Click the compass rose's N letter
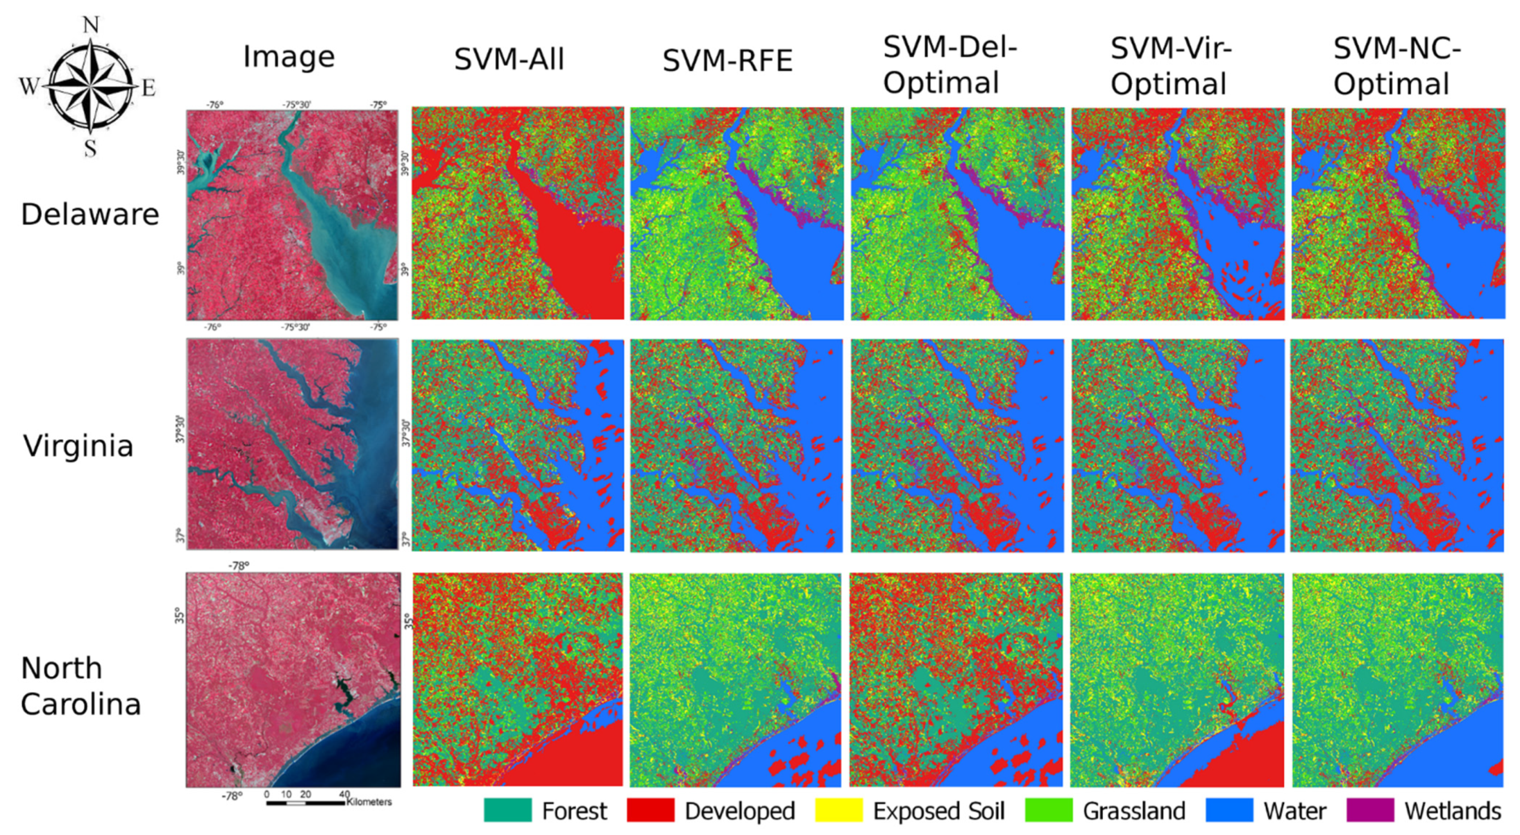click(x=90, y=25)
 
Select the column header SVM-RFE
click(x=728, y=61)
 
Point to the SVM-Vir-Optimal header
click(x=1171, y=66)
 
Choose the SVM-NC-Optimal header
click(x=1396, y=66)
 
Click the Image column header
click(x=289, y=57)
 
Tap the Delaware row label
click(x=90, y=214)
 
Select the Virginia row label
click(x=78, y=445)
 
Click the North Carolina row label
click(x=81, y=686)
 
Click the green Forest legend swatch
click(x=507, y=810)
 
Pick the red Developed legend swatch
click(x=650, y=810)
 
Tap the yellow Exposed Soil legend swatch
click(x=838, y=810)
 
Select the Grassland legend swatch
click(x=1048, y=810)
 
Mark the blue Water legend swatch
click(x=1229, y=810)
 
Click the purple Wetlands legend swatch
click(x=1370, y=810)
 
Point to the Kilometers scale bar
click(x=305, y=803)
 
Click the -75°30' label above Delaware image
click(x=296, y=104)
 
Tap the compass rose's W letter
click(x=28, y=87)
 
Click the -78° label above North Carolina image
click(x=239, y=566)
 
